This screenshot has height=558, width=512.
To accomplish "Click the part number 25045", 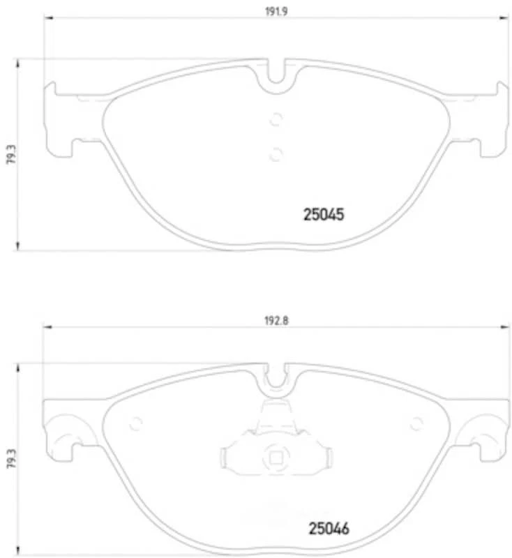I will pyautogui.click(x=324, y=216).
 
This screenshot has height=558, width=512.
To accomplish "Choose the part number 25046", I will pyautogui.click(x=328, y=529).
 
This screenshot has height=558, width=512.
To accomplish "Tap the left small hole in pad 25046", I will pyautogui.click(x=137, y=423).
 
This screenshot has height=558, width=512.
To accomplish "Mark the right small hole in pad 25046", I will pyautogui.click(x=416, y=423).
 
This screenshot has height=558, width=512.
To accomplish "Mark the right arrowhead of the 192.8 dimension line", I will pyautogui.click(x=506, y=325).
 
